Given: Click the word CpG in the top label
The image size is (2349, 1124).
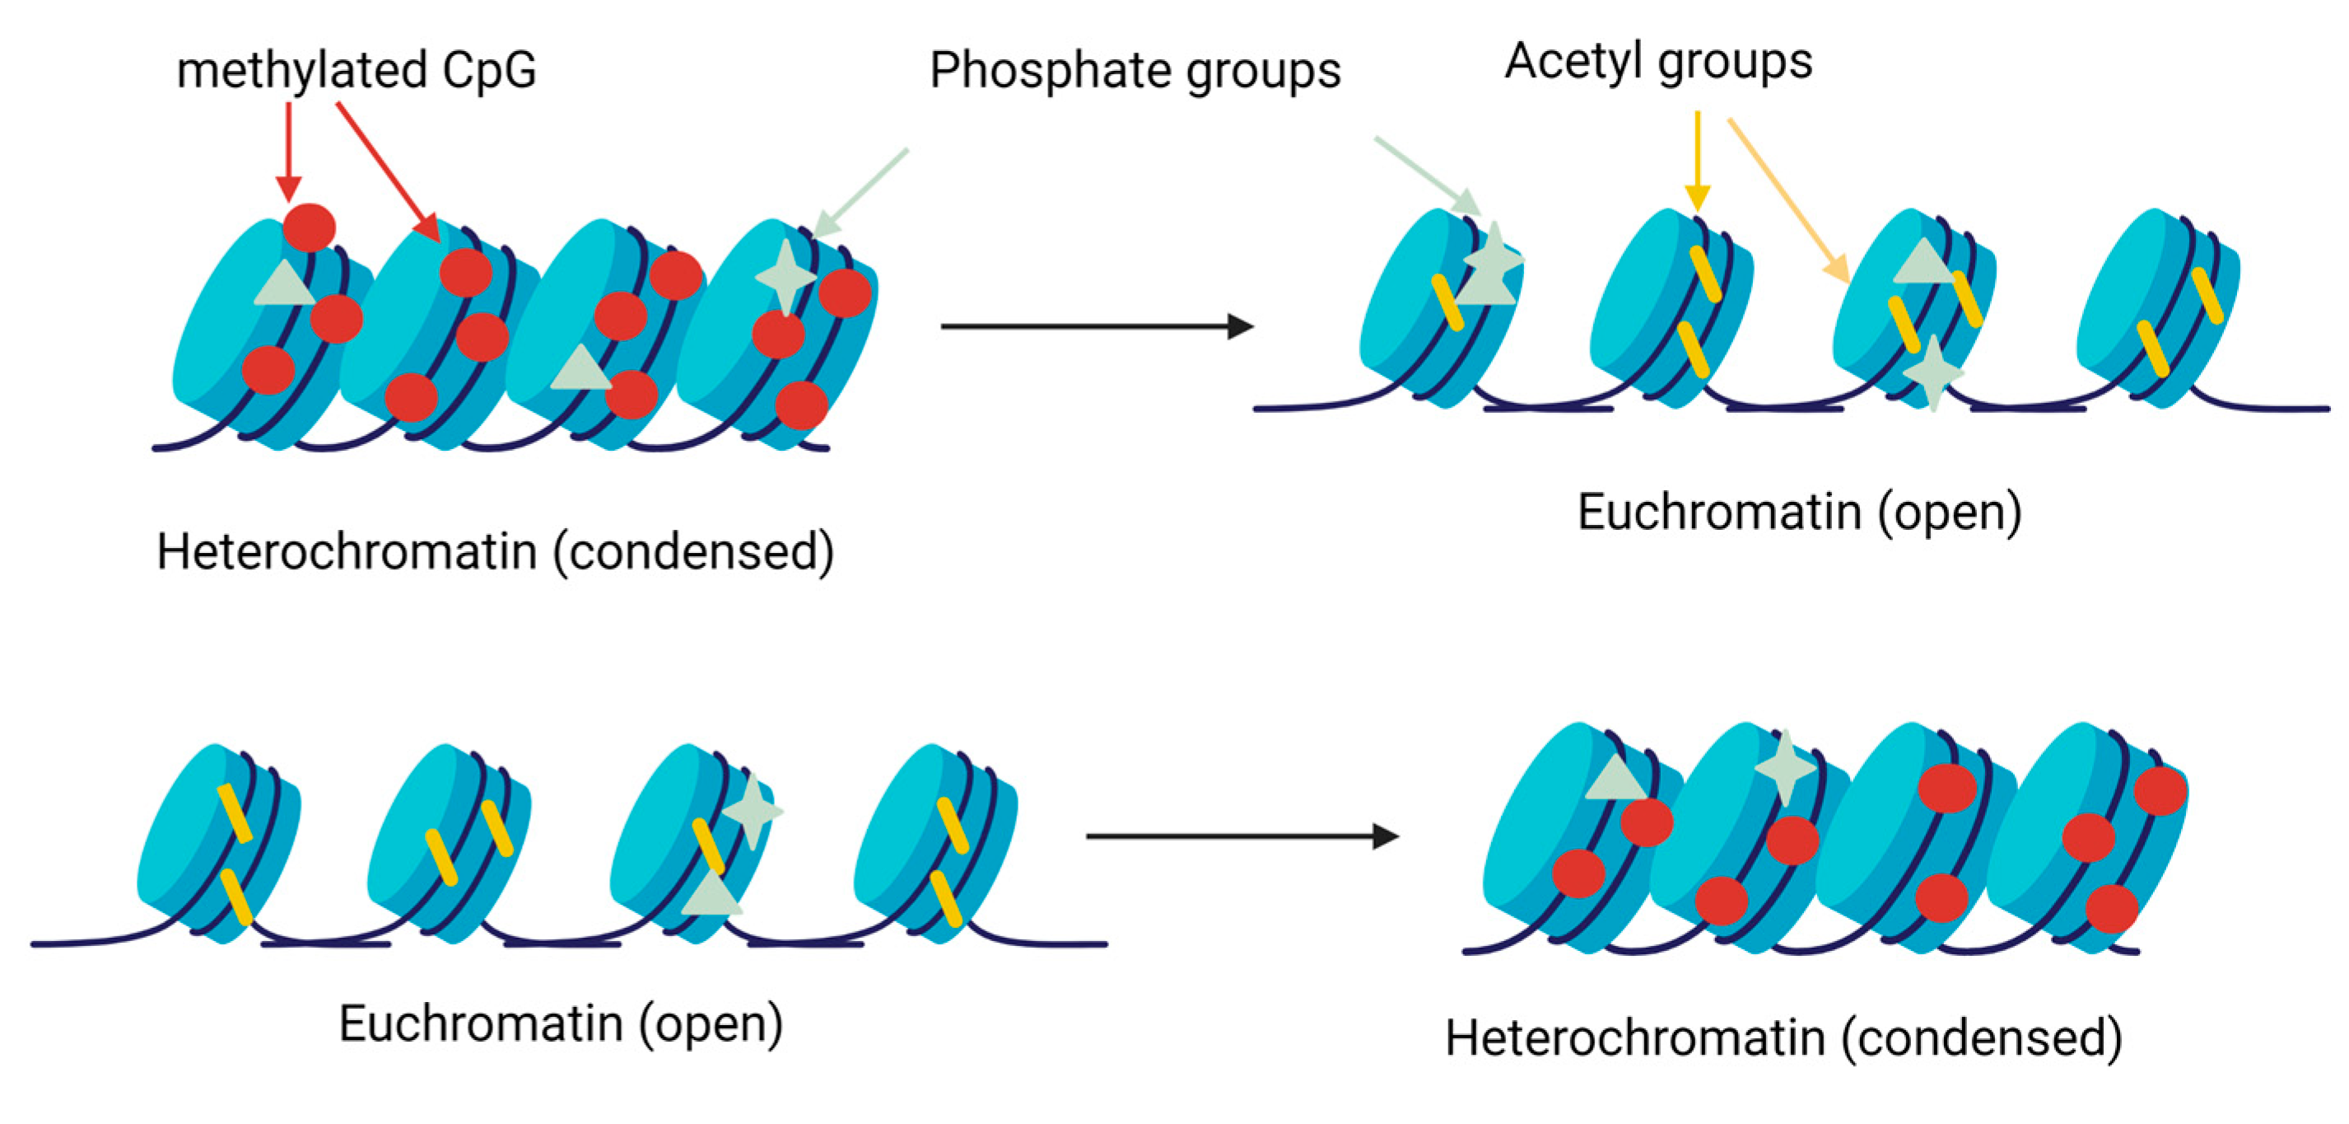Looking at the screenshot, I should pyautogui.click(x=489, y=71).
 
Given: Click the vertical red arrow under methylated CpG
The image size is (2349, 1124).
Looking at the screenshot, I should pyautogui.click(x=289, y=151).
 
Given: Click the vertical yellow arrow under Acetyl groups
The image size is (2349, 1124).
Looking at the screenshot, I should pyautogui.click(x=1697, y=161).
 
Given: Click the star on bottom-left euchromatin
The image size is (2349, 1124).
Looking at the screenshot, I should pyautogui.click(x=753, y=810).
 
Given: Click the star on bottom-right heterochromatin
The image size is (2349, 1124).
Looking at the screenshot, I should pyautogui.click(x=1784, y=766).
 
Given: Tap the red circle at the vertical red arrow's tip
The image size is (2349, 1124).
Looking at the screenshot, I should pyautogui.click(x=309, y=227).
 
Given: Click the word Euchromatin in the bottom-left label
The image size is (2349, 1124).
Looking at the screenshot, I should pyautogui.click(x=481, y=1023).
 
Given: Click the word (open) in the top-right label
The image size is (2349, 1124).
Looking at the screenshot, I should pyautogui.click(x=1950, y=513).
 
